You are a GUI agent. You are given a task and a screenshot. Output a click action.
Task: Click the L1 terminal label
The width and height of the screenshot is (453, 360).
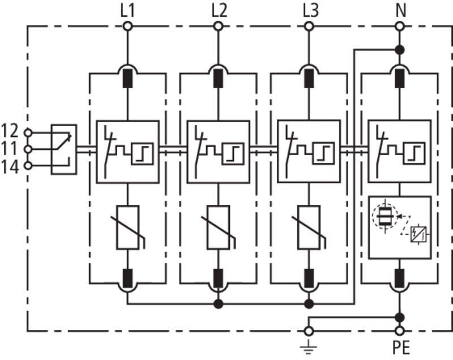[127, 11]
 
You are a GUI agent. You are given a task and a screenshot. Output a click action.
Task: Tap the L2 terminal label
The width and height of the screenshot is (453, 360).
[219, 11]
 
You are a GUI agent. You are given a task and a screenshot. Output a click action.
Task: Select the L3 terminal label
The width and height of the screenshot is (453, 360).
[310, 11]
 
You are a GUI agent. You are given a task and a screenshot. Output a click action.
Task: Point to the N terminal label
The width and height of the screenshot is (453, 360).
[400, 11]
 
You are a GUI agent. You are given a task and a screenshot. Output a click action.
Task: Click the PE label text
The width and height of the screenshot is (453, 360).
[401, 348]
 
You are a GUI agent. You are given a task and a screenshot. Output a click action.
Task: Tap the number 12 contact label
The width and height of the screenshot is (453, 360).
[10, 131]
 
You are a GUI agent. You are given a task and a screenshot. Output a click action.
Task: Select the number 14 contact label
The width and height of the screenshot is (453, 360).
[10, 167]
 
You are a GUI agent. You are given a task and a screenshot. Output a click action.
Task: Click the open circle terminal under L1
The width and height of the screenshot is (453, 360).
[127, 27]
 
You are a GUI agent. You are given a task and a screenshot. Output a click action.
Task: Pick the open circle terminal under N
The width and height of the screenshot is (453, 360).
[400, 27]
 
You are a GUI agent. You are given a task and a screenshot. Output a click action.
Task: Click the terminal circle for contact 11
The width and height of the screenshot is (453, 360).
[28, 149]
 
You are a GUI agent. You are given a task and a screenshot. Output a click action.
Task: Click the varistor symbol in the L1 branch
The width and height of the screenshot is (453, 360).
[128, 227]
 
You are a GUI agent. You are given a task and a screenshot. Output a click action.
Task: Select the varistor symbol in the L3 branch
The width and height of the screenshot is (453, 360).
[309, 227]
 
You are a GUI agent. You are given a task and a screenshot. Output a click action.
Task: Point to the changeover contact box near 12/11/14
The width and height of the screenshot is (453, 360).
[64, 149]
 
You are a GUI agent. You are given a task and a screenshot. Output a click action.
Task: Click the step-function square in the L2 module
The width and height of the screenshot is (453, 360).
[233, 153]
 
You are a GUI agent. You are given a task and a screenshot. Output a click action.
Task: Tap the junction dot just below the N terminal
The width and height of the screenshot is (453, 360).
[400, 50]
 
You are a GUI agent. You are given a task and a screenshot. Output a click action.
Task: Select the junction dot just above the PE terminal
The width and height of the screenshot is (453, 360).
[400, 318]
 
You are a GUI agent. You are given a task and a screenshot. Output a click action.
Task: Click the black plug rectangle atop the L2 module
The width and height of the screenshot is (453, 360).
[218, 78]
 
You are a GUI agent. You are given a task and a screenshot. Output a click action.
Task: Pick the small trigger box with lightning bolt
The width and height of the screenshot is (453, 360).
[419, 234]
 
